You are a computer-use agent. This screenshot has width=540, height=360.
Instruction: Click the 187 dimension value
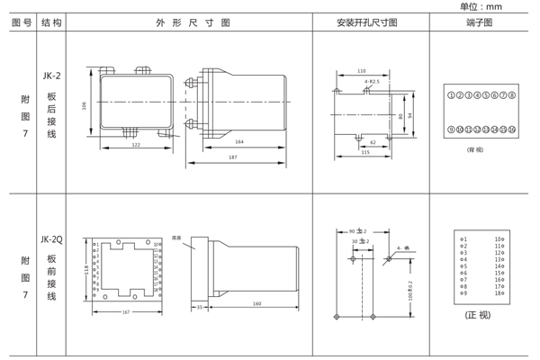(x=233, y=158)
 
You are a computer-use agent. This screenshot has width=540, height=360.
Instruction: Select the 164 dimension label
(x=239, y=141)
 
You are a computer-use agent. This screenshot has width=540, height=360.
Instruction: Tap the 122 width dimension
(x=136, y=144)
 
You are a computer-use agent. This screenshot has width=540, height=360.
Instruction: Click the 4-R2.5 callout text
(x=372, y=82)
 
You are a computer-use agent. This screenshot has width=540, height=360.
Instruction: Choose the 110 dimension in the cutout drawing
(x=362, y=70)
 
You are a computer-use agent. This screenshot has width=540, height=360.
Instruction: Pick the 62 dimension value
(x=373, y=141)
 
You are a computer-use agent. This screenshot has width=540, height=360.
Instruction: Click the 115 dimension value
(x=364, y=152)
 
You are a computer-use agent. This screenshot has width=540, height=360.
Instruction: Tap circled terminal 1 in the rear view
(x=451, y=94)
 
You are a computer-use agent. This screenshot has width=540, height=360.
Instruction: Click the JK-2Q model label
(x=51, y=239)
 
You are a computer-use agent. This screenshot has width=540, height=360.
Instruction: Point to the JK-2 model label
(x=51, y=76)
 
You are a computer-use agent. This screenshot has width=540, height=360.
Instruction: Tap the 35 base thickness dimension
(x=199, y=305)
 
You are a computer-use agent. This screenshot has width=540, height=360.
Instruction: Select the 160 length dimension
(x=256, y=304)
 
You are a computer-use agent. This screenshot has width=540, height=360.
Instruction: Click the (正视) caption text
(x=478, y=316)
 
